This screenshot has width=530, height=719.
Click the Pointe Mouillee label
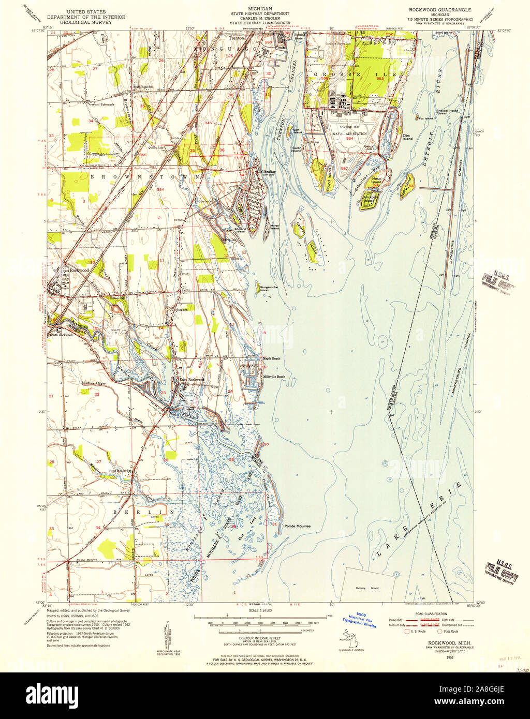click(297, 526)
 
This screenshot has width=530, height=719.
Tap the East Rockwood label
click(192, 380)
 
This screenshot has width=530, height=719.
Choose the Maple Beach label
click(271, 358)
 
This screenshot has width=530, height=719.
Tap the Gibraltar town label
click(269, 172)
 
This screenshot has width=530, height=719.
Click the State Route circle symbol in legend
click(440, 632)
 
